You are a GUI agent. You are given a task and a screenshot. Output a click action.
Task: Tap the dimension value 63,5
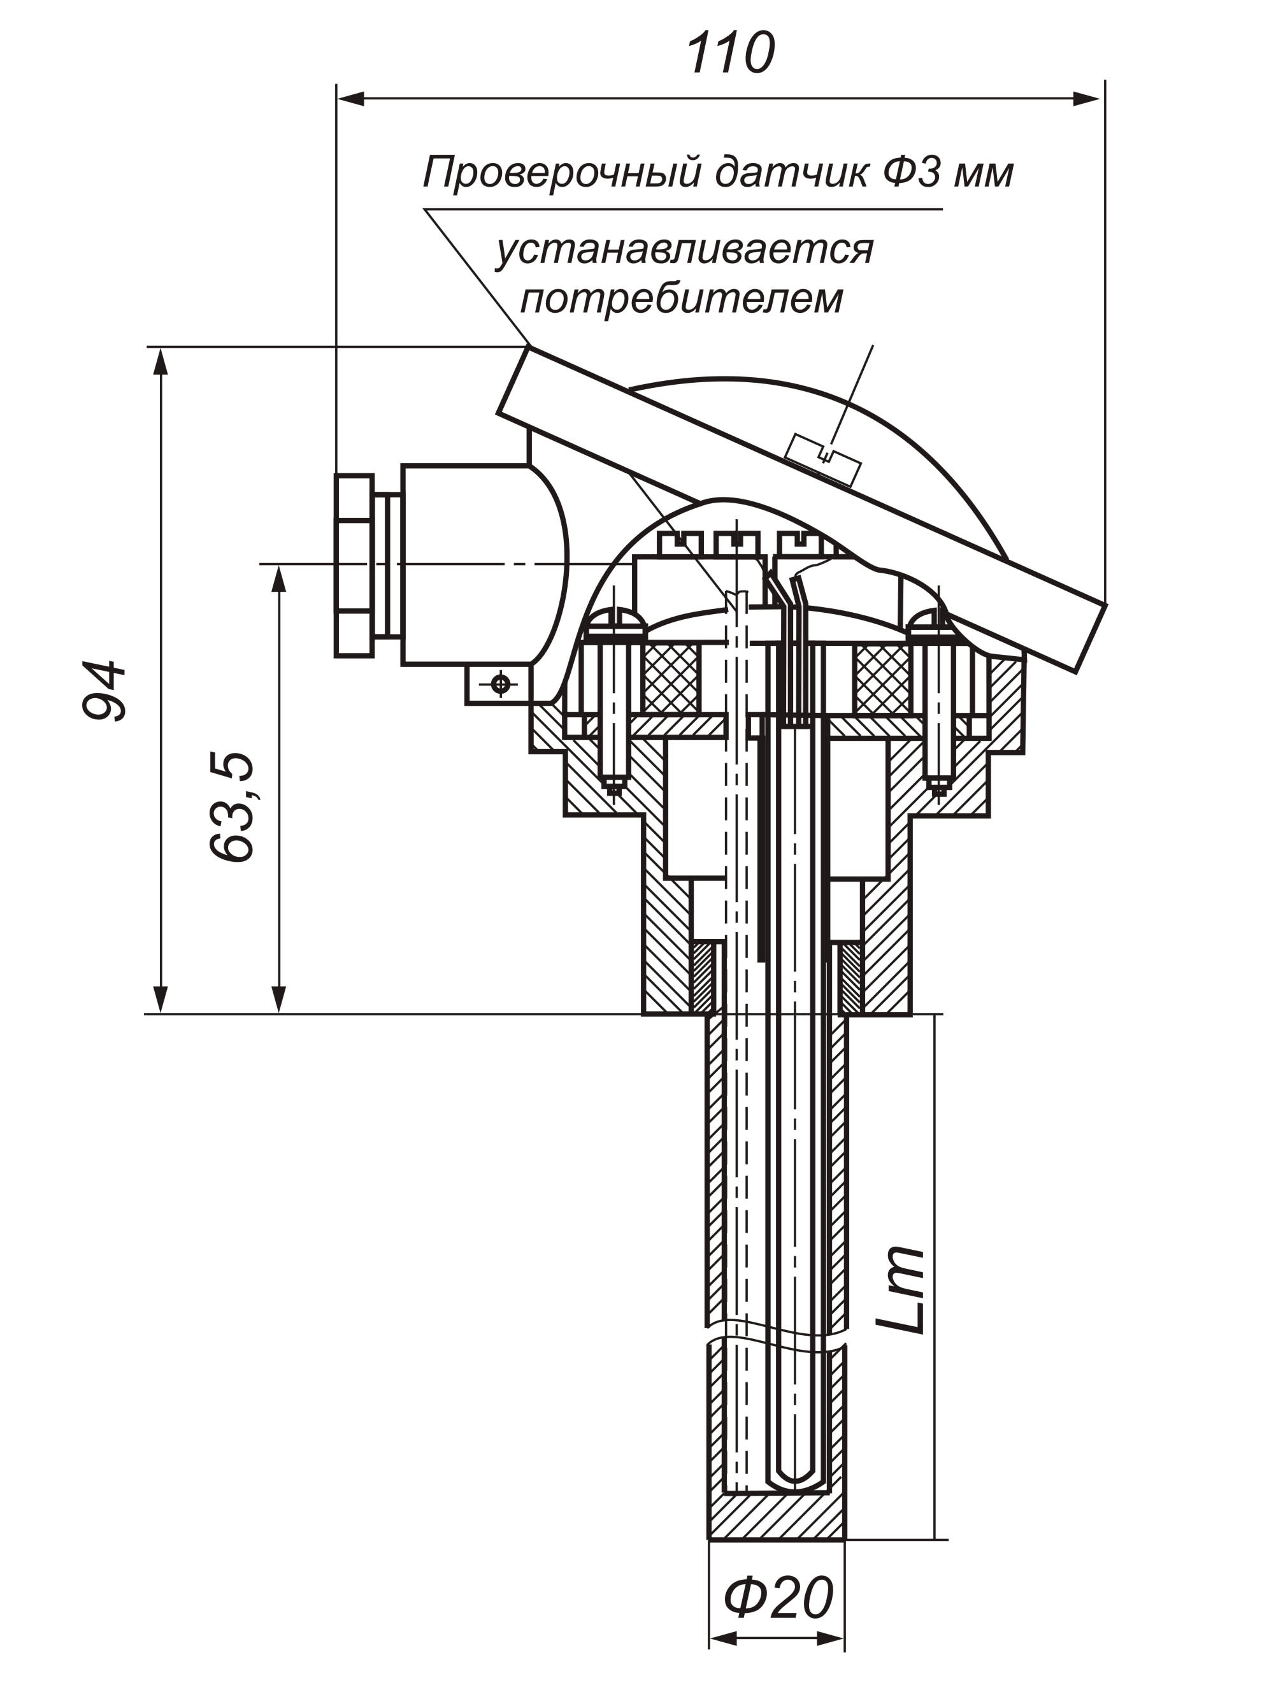coord(231,808)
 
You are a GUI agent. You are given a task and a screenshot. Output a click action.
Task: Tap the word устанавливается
coord(684,249)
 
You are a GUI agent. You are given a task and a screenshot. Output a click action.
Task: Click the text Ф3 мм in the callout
coord(948,173)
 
